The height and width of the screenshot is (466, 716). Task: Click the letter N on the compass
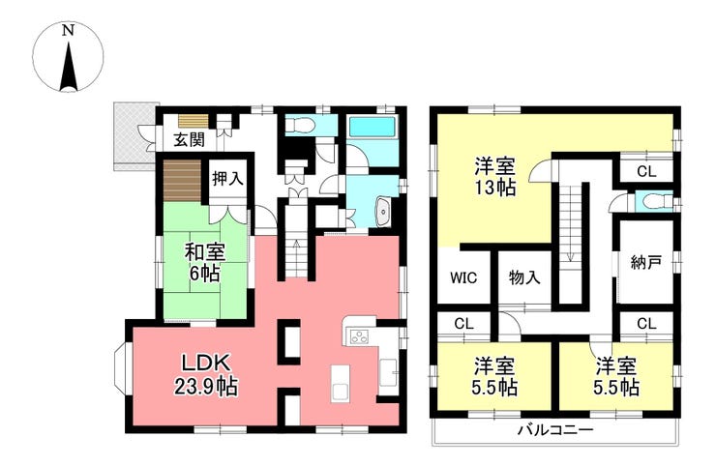[x=68, y=31]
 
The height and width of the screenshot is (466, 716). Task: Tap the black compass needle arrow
[x=68, y=66]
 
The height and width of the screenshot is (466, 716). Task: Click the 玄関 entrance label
[x=189, y=139]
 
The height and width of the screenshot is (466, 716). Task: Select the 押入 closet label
[x=227, y=179]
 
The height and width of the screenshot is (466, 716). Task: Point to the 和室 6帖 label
[x=205, y=262]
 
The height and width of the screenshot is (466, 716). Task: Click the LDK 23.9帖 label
[x=205, y=375]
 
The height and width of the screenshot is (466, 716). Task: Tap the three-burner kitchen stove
[x=359, y=336]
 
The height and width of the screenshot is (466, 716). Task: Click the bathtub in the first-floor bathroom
[x=373, y=127]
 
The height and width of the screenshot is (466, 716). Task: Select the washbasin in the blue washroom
[x=382, y=213]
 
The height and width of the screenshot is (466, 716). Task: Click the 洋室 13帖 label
[x=495, y=177]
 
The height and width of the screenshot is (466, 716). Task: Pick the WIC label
[x=463, y=277]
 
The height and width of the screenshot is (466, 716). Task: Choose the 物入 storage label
[x=524, y=277]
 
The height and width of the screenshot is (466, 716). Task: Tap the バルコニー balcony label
[x=555, y=430]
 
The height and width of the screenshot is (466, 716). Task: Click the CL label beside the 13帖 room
[x=646, y=172]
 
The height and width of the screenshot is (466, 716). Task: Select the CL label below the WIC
[x=463, y=324]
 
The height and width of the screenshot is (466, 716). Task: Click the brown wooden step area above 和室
[x=182, y=181]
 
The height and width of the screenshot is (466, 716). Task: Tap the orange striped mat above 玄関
[x=194, y=121]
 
